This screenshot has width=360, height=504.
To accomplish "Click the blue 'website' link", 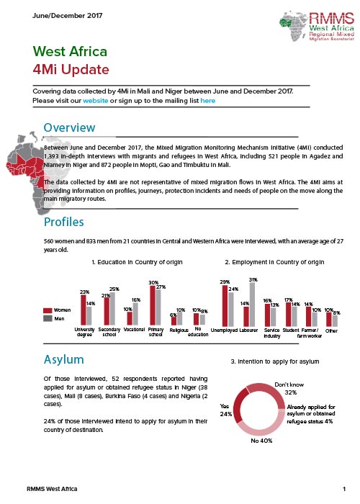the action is tap(96, 101).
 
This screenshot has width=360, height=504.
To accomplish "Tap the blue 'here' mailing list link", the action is tap(207, 101).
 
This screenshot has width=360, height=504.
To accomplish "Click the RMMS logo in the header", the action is tap(317, 27).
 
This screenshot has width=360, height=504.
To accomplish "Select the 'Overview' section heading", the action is tap(69, 127).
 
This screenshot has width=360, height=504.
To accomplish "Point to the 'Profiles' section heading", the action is tap(63, 222).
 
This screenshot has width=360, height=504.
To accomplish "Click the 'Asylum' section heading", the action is tap(63, 359).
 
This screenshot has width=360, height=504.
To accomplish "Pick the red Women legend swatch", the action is tap(48, 310).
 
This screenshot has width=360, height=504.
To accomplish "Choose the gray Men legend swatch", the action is tap(48, 318).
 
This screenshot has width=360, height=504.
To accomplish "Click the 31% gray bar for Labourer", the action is tap(252, 305).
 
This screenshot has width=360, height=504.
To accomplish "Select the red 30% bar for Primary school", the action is tap(153, 305).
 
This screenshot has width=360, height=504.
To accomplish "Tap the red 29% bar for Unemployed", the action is tap(225, 306).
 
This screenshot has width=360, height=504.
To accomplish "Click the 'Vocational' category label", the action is tap(134, 330).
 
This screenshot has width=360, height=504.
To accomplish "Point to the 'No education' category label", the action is tap(198, 332).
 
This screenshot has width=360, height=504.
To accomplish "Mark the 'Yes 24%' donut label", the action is tap(225, 410).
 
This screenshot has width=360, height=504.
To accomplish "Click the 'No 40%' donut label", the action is tap(261, 441).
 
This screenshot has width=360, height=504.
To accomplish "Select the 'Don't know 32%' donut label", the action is tap(289, 388).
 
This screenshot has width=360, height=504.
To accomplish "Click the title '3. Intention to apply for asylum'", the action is tap(275, 361).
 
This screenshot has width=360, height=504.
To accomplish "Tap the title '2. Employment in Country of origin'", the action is tap(274, 262).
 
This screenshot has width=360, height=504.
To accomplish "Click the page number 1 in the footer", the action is tap(344, 489).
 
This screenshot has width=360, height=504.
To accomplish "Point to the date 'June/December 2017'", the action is tap(68, 15).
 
